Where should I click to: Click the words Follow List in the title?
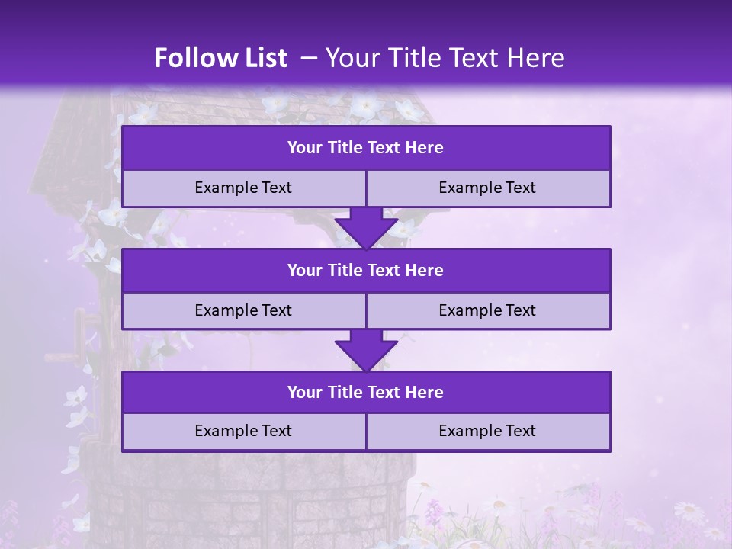pos(220,58)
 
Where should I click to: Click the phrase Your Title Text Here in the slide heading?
pos(445,58)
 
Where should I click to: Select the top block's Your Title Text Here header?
pos(365,148)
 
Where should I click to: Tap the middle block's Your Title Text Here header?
pos(365,271)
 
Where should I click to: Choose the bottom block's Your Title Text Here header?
pos(365,393)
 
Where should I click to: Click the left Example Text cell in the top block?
pos(243,188)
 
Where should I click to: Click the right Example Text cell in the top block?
pos(487,188)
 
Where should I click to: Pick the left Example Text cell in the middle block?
pos(243,311)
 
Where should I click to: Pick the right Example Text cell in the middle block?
pos(487,311)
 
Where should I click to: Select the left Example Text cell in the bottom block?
pos(243,432)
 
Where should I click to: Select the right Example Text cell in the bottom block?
pos(487,432)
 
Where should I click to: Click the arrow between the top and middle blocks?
pos(366,228)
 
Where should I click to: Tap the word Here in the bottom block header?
pos(425,393)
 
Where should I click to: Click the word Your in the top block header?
pos(305,148)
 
